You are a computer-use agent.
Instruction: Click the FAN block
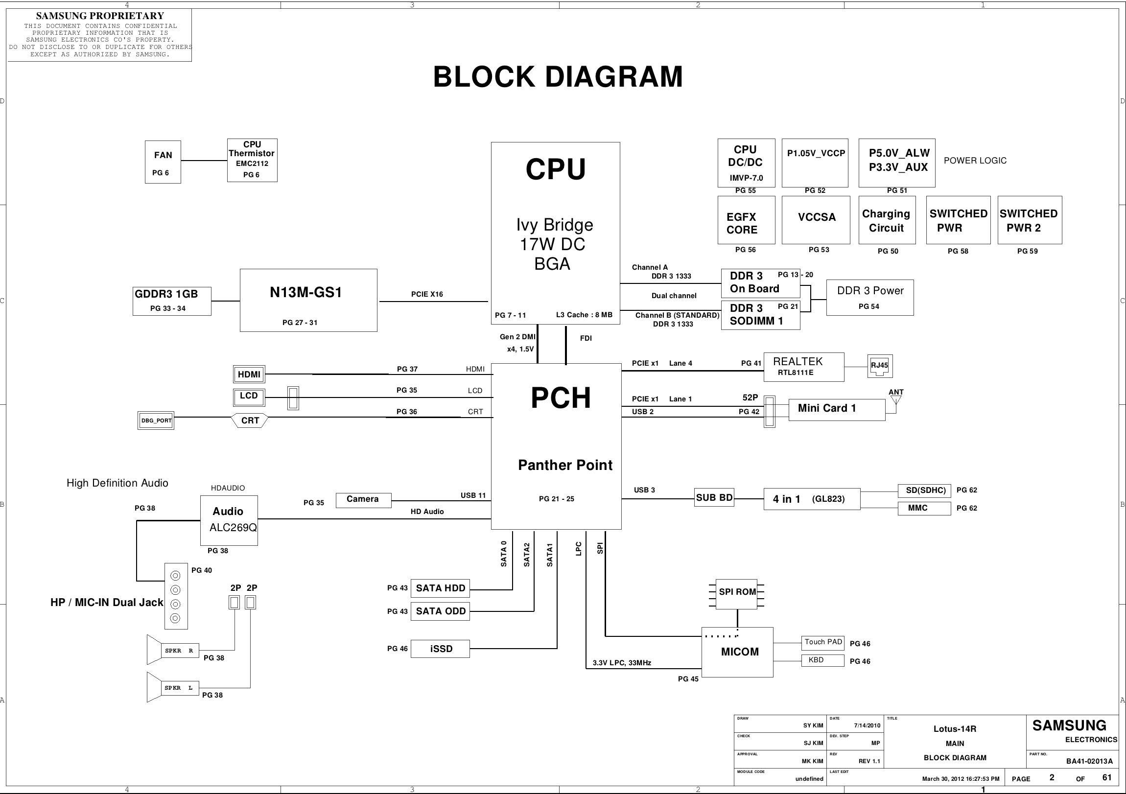pyautogui.click(x=163, y=162)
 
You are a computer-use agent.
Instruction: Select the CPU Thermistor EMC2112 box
pyautogui.click(x=252, y=161)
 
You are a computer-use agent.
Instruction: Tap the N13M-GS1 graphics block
pyautogui.click(x=308, y=300)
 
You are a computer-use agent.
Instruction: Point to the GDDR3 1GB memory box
pyautogui.click(x=172, y=301)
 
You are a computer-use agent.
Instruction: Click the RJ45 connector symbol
pyautogui.click(x=880, y=366)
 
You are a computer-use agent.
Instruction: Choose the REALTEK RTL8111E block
pyautogui.click(x=804, y=367)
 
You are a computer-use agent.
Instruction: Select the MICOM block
pyautogui.click(x=737, y=652)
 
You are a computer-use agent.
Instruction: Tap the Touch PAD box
pyautogui.click(x=823, y=642)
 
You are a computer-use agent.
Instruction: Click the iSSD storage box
pyautogui.click(x=440, y=649)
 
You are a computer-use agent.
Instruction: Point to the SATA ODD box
pyautogui.click(x=440, y=611)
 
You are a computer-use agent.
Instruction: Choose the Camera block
pyautogui.click(x=363, y=500)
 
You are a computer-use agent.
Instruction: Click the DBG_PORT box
pyautogui.click(x=156, y=421)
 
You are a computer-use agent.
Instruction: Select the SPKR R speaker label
pyautogui.click(x=180, y=651)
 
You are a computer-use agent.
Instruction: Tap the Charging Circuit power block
pyautogui.click(x=887, y=220)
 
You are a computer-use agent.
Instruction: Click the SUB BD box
pyautogui.click(x=714, y=498)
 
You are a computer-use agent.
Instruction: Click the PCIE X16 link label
pyautogui.click(x=427, y=294)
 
